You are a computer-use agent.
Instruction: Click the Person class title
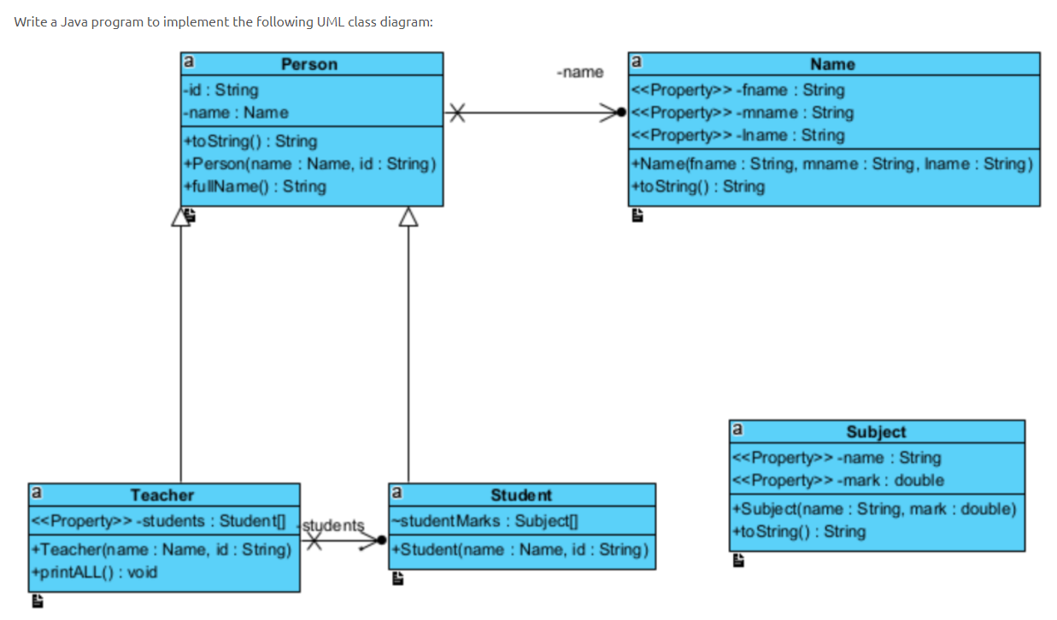(309, 64)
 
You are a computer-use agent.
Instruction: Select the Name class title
(832, 64)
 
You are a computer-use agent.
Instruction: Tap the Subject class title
(876, 431)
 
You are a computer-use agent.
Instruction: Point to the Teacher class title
(162, 494)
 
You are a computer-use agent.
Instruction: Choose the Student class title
(521, 494)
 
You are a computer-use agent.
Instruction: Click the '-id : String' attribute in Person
(220, 90)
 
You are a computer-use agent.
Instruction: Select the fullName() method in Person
(255, 185)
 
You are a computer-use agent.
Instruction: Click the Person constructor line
(309, 163)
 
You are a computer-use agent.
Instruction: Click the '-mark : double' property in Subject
(838, 480)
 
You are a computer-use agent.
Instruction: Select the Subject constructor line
(876, 509)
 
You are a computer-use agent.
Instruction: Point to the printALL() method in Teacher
(95, 571)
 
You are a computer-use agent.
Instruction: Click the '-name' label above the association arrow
(579, 73)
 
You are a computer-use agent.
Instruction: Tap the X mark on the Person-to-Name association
(459, 112)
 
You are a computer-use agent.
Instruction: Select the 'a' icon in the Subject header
(737, 429)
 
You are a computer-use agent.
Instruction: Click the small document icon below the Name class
(637, 217)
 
